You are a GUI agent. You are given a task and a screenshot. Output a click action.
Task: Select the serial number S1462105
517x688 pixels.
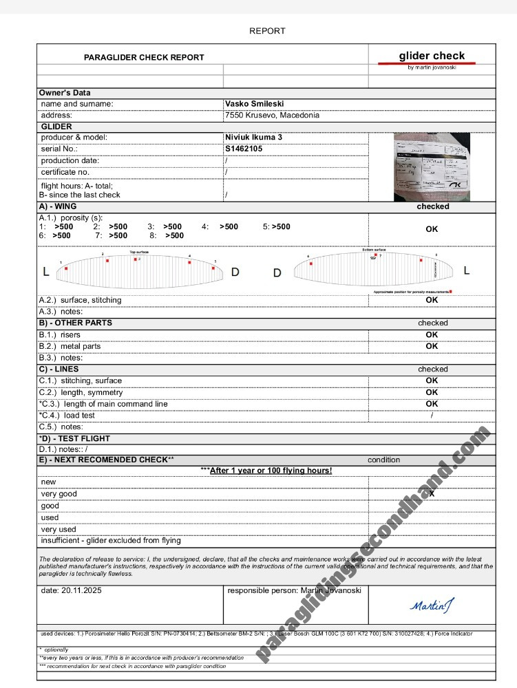[x=243, y=149]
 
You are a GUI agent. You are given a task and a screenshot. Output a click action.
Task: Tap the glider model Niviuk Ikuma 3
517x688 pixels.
[x=254, y=138]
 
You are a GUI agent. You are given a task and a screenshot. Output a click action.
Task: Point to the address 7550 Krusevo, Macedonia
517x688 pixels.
[x=272, y=116]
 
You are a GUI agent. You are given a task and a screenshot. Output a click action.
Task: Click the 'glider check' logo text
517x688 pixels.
[x=432, y=56]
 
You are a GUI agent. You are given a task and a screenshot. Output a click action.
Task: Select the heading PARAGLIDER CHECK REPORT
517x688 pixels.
[x=144, y=58]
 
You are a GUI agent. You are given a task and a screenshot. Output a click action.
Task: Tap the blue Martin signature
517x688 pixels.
[x=432, y=605]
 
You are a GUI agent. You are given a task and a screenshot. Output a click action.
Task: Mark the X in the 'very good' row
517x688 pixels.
[x=432, y=493]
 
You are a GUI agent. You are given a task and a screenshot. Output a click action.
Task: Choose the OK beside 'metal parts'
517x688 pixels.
[x=432, y=347]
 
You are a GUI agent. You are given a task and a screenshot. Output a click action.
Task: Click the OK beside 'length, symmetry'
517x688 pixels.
[x=432, y=392]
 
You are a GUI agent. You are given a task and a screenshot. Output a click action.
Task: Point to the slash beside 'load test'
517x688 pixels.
[x=432, y=416]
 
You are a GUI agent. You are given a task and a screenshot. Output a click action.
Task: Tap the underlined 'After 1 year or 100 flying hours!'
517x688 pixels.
[x=271, y=471]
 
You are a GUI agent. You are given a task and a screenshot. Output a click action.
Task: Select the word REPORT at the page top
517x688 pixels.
[x=267, y=31]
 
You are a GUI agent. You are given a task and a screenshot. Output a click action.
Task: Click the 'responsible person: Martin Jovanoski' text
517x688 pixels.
[x=294, y=591]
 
